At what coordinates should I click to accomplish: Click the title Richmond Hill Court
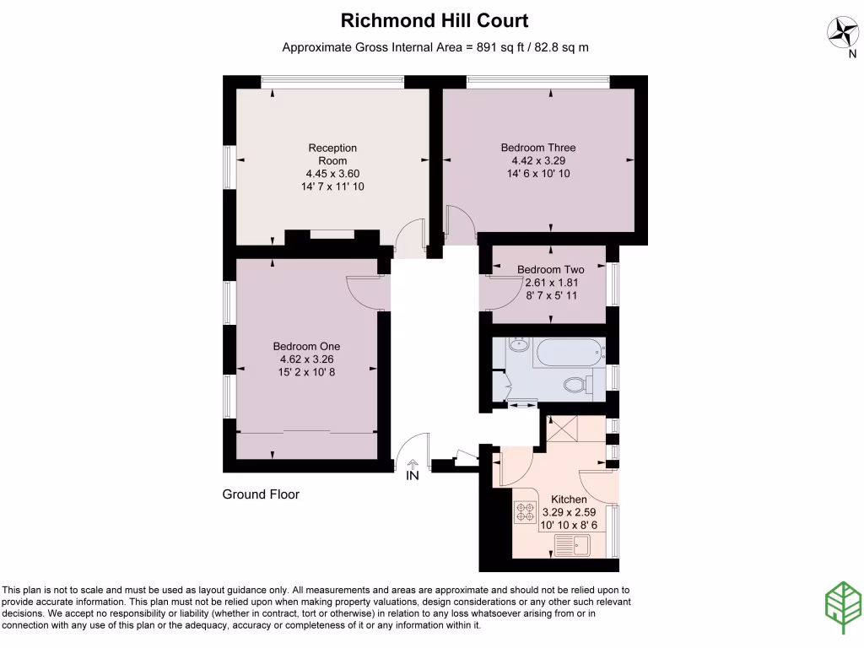coord(435,20)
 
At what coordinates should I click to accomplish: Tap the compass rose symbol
coord(843,33)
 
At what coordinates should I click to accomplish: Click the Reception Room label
coord(332,154)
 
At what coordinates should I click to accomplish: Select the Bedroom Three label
coord(538,148)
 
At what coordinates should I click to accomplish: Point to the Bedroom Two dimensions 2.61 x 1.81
coord(552,283)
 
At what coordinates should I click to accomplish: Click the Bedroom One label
coord(306,346)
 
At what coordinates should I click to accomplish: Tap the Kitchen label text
coord(569,499)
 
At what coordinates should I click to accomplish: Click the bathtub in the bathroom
coord(570,353)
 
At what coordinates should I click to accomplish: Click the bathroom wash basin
coord(519,345)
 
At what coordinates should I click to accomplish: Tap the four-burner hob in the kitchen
coord(525,512)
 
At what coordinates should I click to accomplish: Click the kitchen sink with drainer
coord(573,546)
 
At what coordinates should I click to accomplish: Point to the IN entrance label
coord(412,475)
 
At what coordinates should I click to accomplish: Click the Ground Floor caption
coord(261,494)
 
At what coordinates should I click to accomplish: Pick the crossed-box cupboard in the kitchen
coord(562,429)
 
